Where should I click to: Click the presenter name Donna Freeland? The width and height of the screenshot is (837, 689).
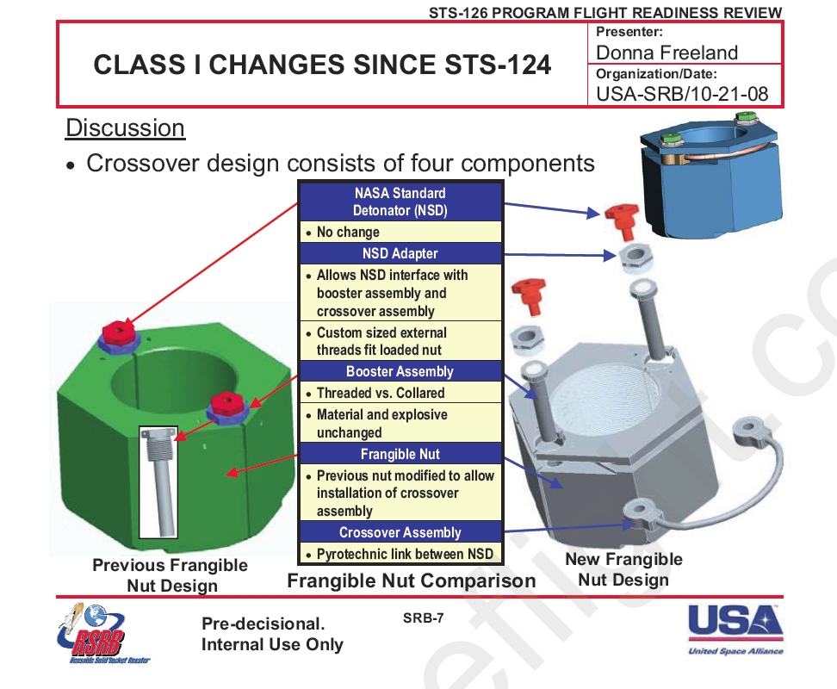pyautogui.click(x=666, y=53)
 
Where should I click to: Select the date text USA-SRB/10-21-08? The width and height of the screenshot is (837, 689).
pyautogui.click(x=682, y=94)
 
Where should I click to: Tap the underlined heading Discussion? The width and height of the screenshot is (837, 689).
pyautogui.click(x=125, y=128)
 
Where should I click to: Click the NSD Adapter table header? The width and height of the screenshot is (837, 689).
pyautogui.click(x=400, y=253)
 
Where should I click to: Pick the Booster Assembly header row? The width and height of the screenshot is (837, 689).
pyautogui.click(x=400, y=371)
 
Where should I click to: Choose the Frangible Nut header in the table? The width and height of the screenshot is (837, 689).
pyautogui.click(x=400, y=454)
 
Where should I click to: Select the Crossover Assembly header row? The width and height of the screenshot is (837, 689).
pyautogui.click(x=400, y=532)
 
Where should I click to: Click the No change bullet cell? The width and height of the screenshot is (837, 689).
pyautogui.click(x=400, y=233)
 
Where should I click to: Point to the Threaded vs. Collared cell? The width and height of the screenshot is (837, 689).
pyautogui.click(x=400, y=393)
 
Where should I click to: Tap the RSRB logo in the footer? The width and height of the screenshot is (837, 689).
pyautogui.click(x=101, y=635)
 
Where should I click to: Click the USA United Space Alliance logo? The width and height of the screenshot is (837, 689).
pyautogui.click(x=735, y=630)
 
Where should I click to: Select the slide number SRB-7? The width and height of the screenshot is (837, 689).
pyautogui.click(x=424, y=618)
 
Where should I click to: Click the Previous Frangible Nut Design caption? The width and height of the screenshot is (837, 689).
pyautogui.click(x=170, y=575)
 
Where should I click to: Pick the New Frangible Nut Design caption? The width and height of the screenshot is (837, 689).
pyautogui.click(x=624, y=569)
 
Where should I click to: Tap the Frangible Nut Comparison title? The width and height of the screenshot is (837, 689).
pyautogui.click(x=412, y=580)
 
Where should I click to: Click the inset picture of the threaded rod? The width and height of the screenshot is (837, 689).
pyautogui.click(x=158, y=482)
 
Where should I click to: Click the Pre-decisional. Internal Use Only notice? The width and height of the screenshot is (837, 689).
pyautogui.click(x=272, y=634)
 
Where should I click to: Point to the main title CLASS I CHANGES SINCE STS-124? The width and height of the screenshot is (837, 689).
pyautogui.click(x=322, y=65)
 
